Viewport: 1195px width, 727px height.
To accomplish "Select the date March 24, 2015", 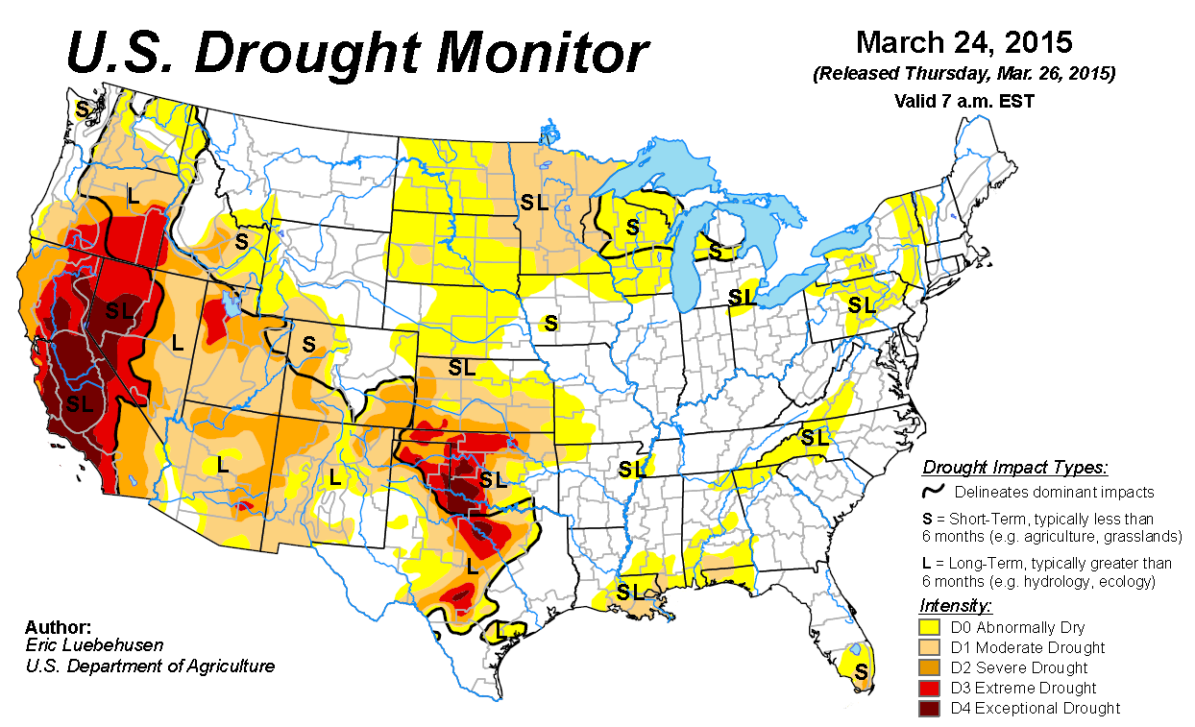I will coord(963,43).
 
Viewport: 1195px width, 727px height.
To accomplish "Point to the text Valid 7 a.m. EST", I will coord(963,100).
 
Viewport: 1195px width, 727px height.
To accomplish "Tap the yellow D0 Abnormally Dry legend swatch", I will coord(930,627).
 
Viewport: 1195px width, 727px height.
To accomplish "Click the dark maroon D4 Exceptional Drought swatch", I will coord(930,708).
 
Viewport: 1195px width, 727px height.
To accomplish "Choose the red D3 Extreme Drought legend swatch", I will coord(930,688).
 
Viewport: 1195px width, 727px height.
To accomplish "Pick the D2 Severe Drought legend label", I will coord(1018,667).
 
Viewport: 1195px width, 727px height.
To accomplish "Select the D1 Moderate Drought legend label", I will coord(1027,647).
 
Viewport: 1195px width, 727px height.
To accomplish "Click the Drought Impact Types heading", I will coord(1014,469).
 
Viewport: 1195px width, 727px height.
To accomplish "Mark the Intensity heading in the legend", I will coord(955,605).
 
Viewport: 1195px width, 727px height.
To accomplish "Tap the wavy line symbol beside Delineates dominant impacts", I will coord(932,492).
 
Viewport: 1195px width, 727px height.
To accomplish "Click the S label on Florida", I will coord(861,669).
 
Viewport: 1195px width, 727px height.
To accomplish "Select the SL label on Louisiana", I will coord(632,590).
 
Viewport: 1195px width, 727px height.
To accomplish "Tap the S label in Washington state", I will coord(82,109).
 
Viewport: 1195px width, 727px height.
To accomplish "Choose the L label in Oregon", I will coord(132,192).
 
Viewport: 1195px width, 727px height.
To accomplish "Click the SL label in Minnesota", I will coord(534,202).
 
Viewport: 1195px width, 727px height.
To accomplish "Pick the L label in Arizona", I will coord(222,464).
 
